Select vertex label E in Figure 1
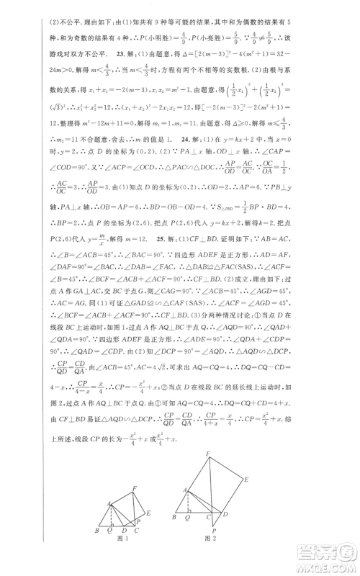[x=150, y=513]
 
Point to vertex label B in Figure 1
[x=97, y=530]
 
